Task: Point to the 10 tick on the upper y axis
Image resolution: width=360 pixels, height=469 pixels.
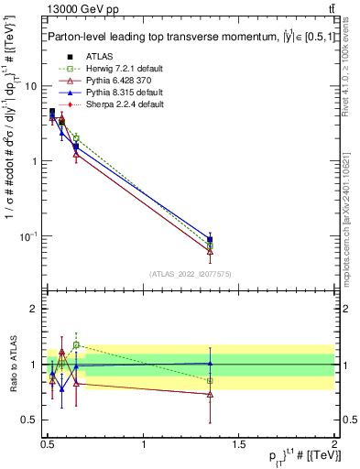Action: point(30,86)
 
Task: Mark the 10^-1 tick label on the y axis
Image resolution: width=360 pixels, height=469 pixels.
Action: point(29,236)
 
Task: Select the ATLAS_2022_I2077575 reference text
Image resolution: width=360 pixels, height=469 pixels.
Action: point(191,273)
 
